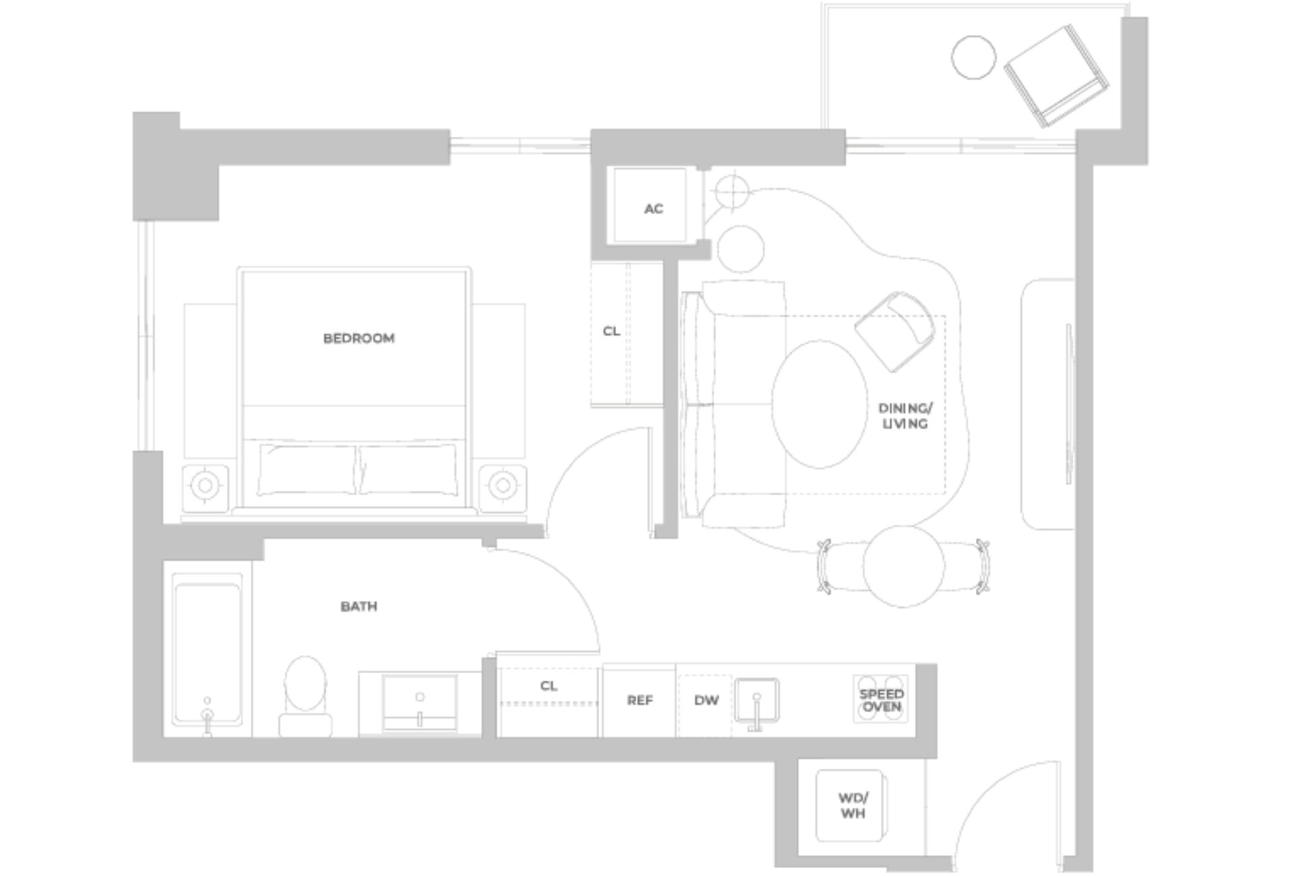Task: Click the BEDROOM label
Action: pyautogui.click(x=359, y=338)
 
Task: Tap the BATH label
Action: pyautogui.click(x=359, y=606)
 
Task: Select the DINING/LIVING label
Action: pyautogui.click(x=905, y=416)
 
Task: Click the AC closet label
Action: pyautogui.click(x=653, y=209)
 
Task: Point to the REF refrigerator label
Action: pyautogui.click(x=640, y=701)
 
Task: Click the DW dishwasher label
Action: pyautogui.click(x=706, y=701)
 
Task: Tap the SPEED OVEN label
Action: pyautogui.click(x=882, y=700)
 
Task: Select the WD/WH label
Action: pyautogui.click(x=853, y=806)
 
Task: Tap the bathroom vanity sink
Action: pyautogui.click(x=419, y=702)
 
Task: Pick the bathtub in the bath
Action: pyautogui.click(x=207, y=650)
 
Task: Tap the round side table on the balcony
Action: pyautogui.click(x=973, y=57)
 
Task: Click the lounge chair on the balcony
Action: pyautogui.click(x=1055, y=75)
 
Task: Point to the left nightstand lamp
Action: pyautogui.click(x=205, y=484)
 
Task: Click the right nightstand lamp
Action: pyautogui.click(x=502, y=484)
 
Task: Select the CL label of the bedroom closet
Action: pyautogui.click(x=611, y=332)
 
